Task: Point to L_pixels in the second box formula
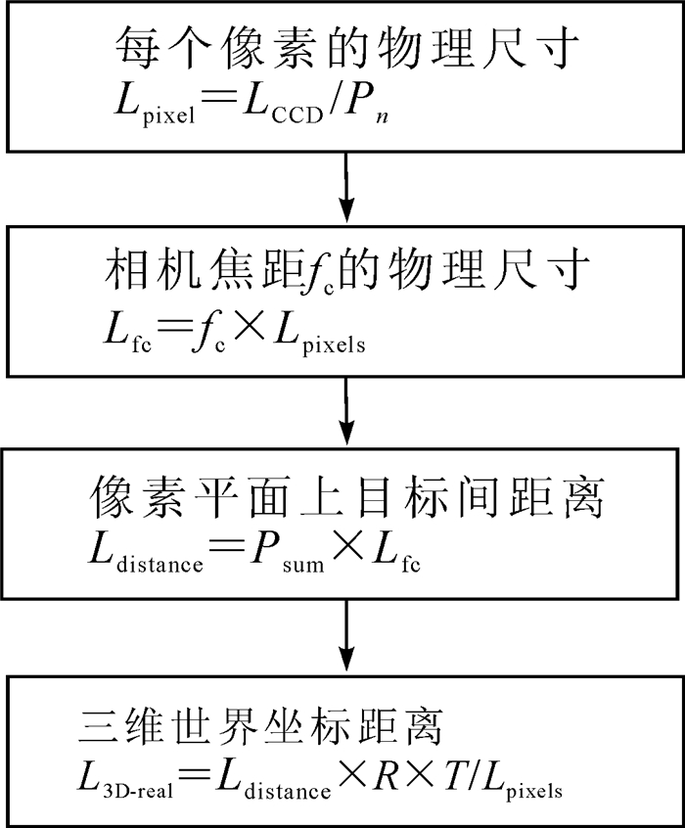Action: point(314,338)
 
